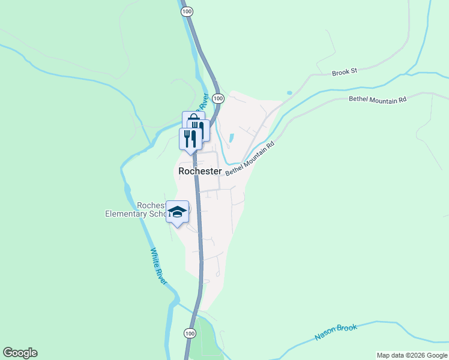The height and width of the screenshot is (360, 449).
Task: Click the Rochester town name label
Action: (200, 171)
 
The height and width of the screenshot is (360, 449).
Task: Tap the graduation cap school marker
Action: (177, 211)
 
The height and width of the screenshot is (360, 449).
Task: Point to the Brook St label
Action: (344, 71)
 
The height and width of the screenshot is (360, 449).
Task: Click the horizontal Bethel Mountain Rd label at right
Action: (378, 99)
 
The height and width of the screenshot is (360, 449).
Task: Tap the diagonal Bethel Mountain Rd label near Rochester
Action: (250, 159)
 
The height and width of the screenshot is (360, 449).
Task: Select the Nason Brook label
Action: (336, 332)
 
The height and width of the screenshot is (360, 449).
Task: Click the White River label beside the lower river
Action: (158, 266)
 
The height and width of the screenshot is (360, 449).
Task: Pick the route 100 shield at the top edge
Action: (187, 11)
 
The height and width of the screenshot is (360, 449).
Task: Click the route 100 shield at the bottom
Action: (190, 333)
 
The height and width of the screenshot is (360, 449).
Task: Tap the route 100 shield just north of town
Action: (218, 98)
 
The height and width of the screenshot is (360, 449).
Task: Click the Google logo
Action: (20, 353)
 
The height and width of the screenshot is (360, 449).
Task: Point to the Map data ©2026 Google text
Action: (412, 355)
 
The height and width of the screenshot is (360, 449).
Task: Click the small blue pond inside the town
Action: (231, 138)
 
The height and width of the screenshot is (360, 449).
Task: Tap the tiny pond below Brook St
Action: (289, 93)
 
